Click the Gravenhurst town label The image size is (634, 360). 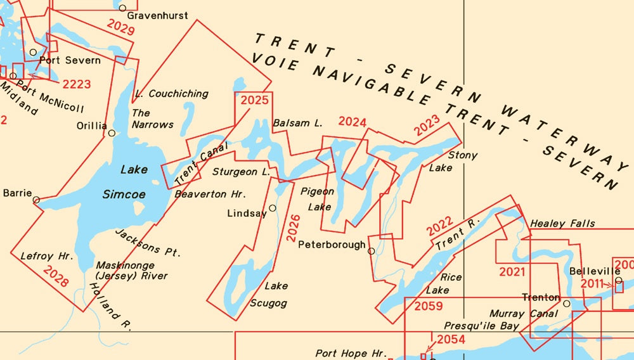157,15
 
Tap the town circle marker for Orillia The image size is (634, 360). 112,133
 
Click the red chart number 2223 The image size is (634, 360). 77,84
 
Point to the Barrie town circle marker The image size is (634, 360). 36,200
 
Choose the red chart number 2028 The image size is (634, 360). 55,276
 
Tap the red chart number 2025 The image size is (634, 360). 254,100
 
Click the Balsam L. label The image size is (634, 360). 297,123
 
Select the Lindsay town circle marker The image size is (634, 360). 273,208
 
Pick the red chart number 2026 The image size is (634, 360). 292,228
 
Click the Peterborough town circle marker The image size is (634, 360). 371,251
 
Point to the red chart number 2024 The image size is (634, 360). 353,122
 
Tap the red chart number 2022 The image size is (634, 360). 439,226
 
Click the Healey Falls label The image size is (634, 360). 562,223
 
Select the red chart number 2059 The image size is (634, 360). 429,307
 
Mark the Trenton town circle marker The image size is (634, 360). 567,304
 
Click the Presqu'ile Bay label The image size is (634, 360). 481,326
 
